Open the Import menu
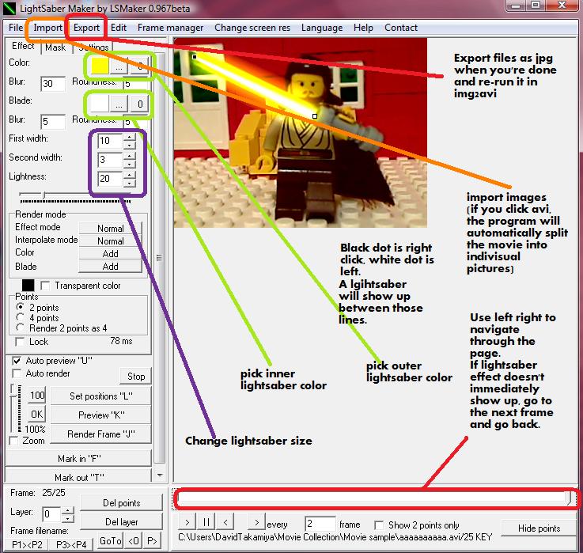pos(47,28)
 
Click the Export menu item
pos(86,28)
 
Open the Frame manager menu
pos(170,28)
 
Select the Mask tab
pos(55,47)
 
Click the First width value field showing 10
pos(109,142)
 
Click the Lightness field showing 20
pos(109,179)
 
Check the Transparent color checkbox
pos(45,286)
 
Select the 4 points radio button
pos(21,318)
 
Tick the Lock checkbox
pos(21,342)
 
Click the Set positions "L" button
pos(100,396)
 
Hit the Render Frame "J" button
pos(100,434)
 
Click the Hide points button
pos(538,528)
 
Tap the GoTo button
pos(110,541)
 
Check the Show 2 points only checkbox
pos(381,525)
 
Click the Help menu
pos(363,28)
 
